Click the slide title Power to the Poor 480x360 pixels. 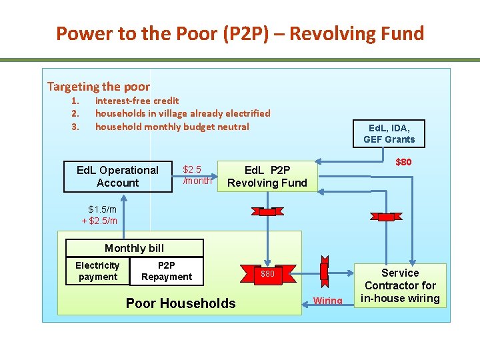click(240, 33)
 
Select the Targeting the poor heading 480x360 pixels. click(99, 87)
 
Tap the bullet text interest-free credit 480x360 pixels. click(137, 101)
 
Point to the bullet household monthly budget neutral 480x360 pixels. click(172, 127)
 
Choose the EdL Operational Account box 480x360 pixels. click(118, 177)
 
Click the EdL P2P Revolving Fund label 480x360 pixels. click(267, 177)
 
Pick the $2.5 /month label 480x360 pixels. click(197, 175)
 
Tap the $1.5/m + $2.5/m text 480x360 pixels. click(99, 215)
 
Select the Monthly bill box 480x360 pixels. click(134, 248)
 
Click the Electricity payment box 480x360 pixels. click(98, 271)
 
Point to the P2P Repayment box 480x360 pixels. click(167, 271)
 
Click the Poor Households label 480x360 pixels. click(181, 303)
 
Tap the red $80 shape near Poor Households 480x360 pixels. click(267, 274)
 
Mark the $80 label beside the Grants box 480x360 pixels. click(403, 162)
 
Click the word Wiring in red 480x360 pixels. click(328, 301)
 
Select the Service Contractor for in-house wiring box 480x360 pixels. click(400, 285)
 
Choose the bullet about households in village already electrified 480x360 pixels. click(183, 113)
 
